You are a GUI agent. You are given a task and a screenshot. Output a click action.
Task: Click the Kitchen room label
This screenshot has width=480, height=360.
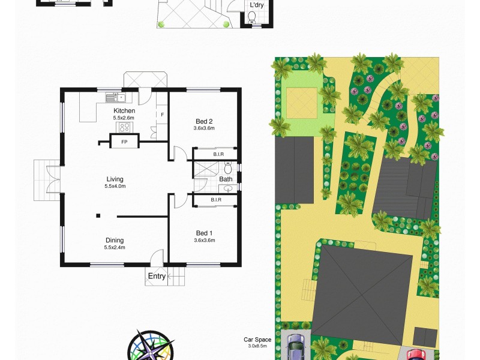coord(124,111)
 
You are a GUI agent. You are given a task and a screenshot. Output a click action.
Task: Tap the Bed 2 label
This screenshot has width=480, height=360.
coord(204,122)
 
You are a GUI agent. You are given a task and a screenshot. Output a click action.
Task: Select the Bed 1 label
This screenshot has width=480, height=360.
coord(204,233)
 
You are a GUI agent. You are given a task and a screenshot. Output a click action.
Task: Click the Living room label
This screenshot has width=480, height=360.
coord(115,179)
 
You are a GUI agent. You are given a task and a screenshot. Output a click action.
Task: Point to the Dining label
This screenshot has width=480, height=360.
coord(114,241)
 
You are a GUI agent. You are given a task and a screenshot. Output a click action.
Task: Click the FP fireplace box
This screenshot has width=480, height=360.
coord(124,142)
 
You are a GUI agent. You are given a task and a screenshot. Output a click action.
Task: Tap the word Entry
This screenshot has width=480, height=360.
coord(157,277)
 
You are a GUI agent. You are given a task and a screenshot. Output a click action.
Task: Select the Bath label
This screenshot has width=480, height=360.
coord(226,179)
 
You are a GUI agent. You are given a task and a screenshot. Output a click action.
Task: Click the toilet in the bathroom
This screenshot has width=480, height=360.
coord(227,168)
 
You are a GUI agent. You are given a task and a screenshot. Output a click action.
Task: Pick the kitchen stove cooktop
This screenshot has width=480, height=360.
coord(125,127)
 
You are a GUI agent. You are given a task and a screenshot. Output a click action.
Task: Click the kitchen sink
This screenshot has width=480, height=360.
coord(113,97)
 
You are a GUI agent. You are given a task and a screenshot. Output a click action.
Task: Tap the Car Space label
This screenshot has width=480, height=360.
coord(257,340)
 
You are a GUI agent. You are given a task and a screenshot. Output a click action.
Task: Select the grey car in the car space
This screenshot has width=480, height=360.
coord(296,348)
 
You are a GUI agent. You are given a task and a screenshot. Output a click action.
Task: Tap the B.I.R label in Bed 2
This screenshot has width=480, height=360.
coord(218,154)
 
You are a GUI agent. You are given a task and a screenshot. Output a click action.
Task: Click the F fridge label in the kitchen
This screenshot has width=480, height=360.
coord(161,115)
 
